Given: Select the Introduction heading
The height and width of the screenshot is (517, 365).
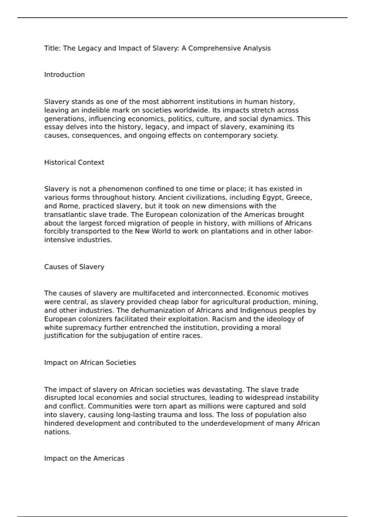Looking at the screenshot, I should click(x=64, y=75).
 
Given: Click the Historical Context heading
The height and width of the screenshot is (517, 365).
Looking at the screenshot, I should click(x=74, y=162).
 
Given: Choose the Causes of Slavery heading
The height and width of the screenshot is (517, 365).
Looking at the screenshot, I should click(x=74, y=267).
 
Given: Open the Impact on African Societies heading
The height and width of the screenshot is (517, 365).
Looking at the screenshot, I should click(x=90, y=363).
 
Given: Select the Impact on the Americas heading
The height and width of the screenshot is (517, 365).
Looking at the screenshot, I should click(x=84, y=459).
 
